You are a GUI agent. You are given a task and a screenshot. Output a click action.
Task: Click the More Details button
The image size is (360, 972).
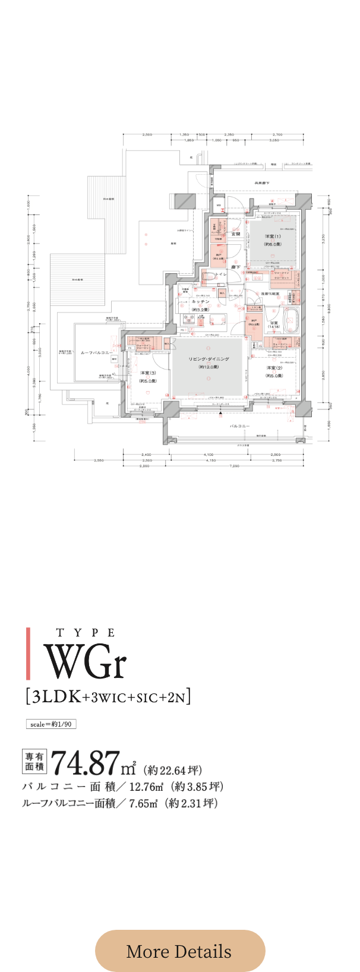pyautogui.click(x=179, y=951)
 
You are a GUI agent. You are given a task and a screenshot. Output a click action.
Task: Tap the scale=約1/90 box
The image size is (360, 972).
pyautogui.click(x=50, y=724)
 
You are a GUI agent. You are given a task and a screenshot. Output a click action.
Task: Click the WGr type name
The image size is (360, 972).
pyautogui.click(x=86, y=661)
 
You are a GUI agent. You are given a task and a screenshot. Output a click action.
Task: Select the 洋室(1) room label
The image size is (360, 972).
pyautogui.click(x=273, y=236)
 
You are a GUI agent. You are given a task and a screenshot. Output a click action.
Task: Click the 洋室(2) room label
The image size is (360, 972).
pyautogui.click(x=274, y=368)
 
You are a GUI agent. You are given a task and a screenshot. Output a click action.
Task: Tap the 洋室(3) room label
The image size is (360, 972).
pyautogui.click(x=148, y=373)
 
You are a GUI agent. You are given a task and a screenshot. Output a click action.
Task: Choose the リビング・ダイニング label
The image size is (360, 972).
pyautogui.click(x=209, y=359)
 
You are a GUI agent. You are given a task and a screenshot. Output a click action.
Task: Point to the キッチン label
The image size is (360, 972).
pyautogui.click(x=200, y=302)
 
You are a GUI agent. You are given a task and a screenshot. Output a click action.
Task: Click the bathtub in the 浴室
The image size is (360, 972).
pyautogui.click(x=290, y=318)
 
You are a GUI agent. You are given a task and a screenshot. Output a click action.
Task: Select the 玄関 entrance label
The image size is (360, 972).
pyautogui.click(x=235, y=234)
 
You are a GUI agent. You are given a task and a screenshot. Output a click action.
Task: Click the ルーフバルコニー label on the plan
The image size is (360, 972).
pyautogui.click(x=96, y=352)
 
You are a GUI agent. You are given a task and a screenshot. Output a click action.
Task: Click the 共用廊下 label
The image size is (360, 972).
pyautogui.click(x=262, y=183)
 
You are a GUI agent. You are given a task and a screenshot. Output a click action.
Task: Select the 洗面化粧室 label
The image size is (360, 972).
pyautogui.click(x=270, y=295)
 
